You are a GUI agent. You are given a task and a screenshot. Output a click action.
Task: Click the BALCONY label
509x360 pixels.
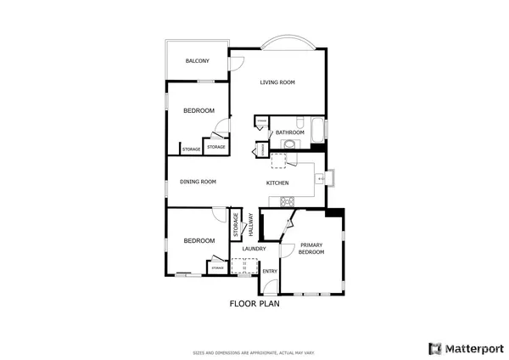(x=198, y=61)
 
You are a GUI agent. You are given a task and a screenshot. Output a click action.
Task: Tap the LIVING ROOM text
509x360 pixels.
(x=277, y=82)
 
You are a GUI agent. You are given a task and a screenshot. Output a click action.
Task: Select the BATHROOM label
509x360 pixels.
(x=289, y=132)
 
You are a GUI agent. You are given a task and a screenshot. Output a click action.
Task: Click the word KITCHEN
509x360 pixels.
(x=277, y=183)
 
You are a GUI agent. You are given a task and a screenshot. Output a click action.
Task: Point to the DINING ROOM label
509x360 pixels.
(x=198, y=181)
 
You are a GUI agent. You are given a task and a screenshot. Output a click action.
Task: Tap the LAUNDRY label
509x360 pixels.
(x=255, y=249)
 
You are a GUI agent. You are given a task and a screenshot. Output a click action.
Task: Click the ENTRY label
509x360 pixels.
(x=269, y=272)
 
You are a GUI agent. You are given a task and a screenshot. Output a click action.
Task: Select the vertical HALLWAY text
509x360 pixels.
(x=251, y=225)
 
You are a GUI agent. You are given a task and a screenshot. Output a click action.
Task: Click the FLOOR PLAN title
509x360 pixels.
(x=255, y=302)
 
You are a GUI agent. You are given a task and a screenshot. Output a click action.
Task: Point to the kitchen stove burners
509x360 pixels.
(x=286, y=202)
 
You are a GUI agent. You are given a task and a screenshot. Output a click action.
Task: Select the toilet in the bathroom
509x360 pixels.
(x=289, y=145)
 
